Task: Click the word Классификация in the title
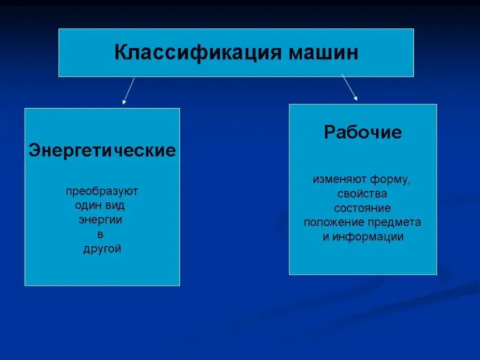click(x=197, y=53)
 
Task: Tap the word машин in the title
click(x=323, y=53)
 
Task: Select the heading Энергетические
click(x=102, y=151)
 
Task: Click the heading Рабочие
click(x=363, y=133)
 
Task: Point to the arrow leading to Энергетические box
click(x=128, y=91)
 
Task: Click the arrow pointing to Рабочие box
click(x=350, y=87)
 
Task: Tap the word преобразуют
click(x=102, y=192)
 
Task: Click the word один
click(x=87, y=205)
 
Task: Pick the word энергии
click(x=100, y=220)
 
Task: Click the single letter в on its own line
click(x=100, y=235)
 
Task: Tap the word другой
click(x=102, y=249)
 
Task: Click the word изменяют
click(x=339, y=179)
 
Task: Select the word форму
click(x=390, y=179)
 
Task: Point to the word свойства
click(x=362, y=194)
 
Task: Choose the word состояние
click(x=362, y=208)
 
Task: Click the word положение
click(x=334, y=223)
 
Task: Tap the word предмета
click(x=394, y=223)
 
